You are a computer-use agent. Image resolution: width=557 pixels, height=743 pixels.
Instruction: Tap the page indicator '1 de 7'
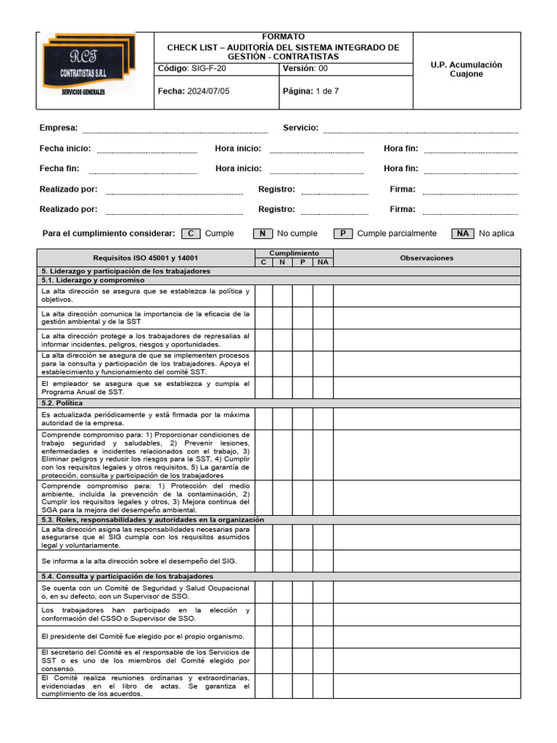tap(327, 91)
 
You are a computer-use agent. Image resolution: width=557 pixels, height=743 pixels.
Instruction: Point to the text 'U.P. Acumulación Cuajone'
tap(466, 70)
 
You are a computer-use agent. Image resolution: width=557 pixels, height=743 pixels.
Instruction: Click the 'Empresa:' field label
tap(59, 128)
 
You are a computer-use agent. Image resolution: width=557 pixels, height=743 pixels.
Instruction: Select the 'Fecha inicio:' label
tap(65, 148)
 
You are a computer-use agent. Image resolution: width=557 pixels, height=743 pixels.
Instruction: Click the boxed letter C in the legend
tap(191, 234)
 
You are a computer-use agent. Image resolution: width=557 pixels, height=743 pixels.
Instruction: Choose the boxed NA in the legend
tap(463, 234)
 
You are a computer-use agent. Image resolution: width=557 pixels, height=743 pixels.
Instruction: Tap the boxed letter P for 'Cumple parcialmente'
tap(343, 234)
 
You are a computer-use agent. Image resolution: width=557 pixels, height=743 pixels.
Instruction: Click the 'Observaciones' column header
tap(426, 258)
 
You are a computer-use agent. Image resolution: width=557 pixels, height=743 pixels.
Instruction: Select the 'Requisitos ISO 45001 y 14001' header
tap(145, 258)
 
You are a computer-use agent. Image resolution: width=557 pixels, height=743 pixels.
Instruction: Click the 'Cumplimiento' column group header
tap(293, 253)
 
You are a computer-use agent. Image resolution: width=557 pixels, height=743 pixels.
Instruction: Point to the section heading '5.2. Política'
tap(62, 403)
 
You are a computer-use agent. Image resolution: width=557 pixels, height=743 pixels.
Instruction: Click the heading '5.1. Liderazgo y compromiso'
tap(93, 279)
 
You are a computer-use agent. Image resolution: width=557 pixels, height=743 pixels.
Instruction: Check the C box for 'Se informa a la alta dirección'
tap(263, 561)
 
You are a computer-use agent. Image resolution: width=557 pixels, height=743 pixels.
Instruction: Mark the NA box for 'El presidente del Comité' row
tap(323, 636)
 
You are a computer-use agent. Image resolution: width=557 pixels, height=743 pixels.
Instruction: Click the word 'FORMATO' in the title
tap(284, 36)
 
